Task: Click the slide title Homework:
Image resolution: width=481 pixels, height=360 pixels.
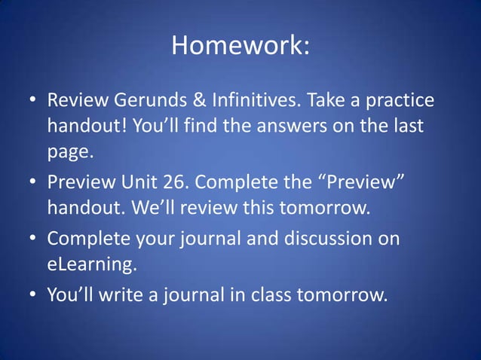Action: [240, 47]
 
